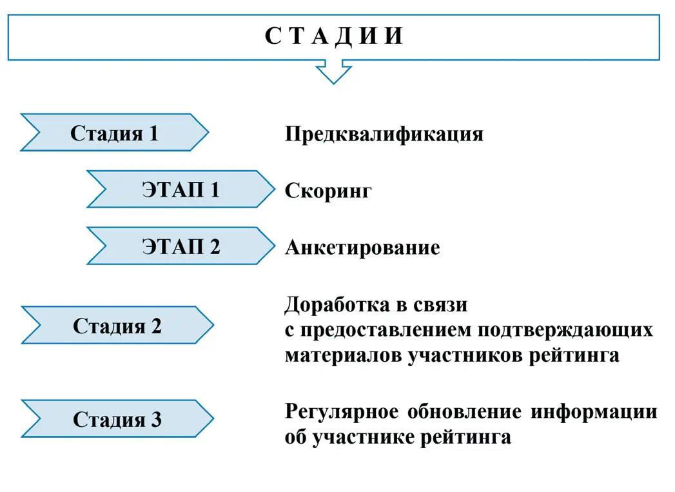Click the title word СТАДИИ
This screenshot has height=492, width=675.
[x=334, y=36]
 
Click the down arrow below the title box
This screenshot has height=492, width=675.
[x=333, y=72]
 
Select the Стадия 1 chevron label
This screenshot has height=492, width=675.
[x=114, y=133]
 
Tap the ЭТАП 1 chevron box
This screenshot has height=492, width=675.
[x=181, y=190]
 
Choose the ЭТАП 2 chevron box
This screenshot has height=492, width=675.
[x=181, y=246]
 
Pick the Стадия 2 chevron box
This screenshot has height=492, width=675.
[x=117, y=326]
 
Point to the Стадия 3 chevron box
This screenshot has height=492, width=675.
[x=117, y=419]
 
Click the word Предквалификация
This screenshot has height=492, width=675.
[x=384, y=134]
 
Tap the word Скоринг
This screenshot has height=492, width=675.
[x=328, y=191]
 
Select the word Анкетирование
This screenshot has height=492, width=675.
[x=362, y=248]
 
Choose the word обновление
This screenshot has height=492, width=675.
[x=460, y=411]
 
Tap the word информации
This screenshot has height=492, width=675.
[x=594, y=411]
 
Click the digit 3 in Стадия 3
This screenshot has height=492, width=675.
[x=157, y=420]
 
